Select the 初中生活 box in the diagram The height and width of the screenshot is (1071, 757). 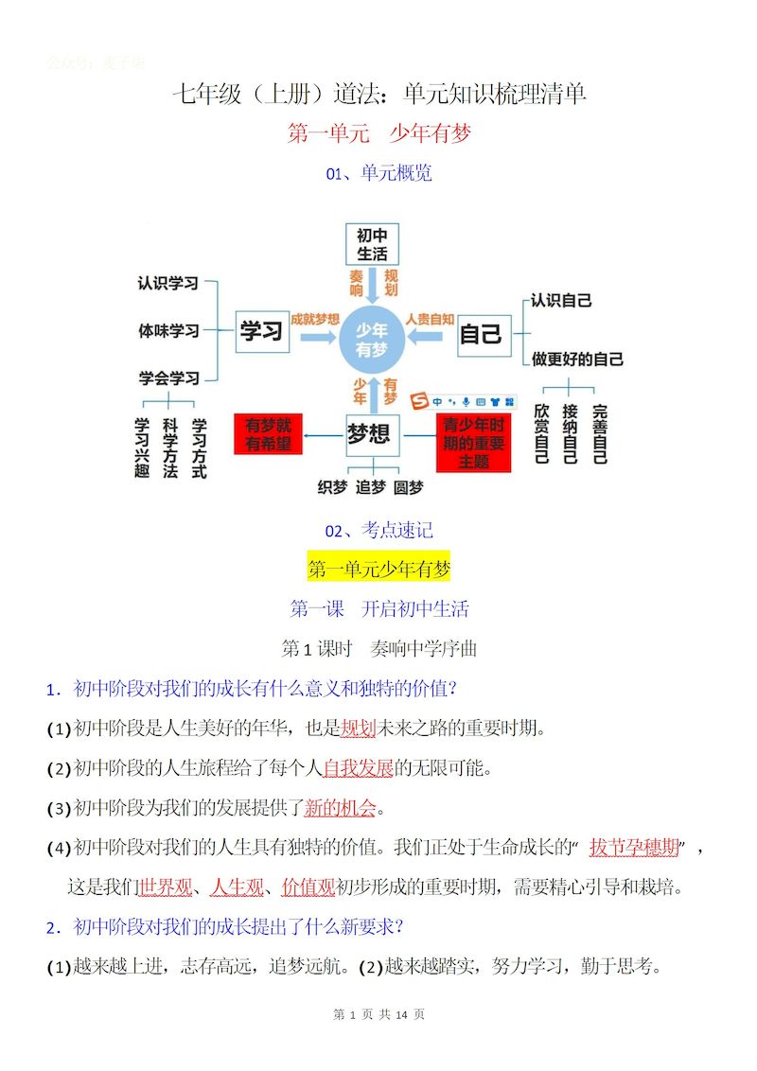click(x=372, y=244)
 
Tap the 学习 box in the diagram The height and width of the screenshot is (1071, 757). click(x=262, y=331)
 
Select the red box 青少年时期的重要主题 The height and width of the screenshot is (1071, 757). click(x=473, y=442)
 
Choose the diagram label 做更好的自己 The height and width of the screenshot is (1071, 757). click(x=576, y=360)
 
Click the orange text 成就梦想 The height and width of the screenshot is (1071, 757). click(x=315, y=320)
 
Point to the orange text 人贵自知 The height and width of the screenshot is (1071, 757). click(x=430, y=320)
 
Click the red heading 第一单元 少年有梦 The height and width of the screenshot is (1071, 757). click(x=378, y=133)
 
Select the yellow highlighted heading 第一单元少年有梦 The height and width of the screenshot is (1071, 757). click(x=378, y=569)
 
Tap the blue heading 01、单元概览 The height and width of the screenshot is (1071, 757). click(x=378, y=173)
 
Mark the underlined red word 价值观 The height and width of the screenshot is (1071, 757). click(x=308, y=887)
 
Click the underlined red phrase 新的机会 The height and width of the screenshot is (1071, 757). click(x=340, y=808)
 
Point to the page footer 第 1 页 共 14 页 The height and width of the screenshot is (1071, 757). click(x=378, y=1014)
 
